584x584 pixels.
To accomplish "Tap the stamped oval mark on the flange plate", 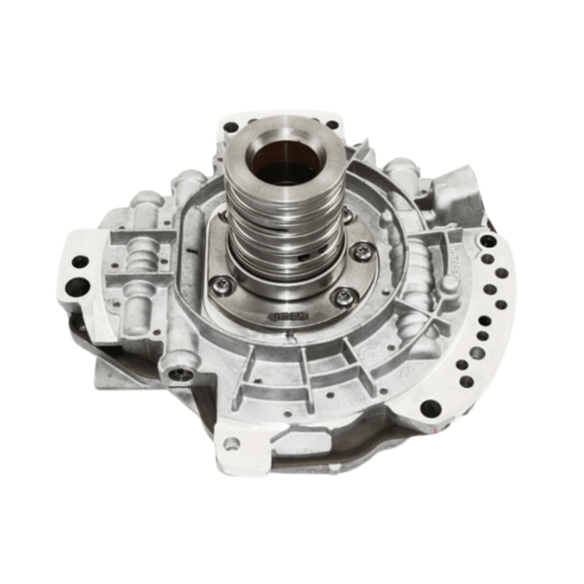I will pyautogui.click(x=288, y=316).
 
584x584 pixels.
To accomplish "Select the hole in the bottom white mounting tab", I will pyautogui.click(x=232, y=442).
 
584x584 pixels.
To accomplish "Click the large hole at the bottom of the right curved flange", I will pyautogui.click(x=431, y=408).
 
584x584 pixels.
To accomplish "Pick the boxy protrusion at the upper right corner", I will pyautogui.click(x=456, y=191).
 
